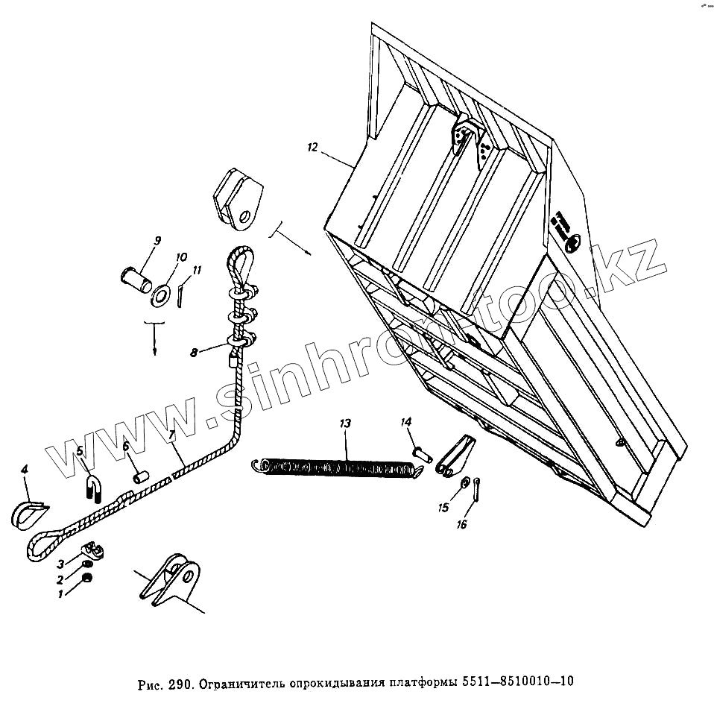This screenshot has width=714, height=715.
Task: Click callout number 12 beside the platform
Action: click(312, 148)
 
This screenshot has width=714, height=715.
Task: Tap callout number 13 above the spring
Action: click(344, 423)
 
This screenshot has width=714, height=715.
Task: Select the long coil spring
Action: click(335, 467)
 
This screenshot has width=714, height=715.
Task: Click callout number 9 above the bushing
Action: click(157, 240)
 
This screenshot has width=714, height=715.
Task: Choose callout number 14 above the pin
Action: click(406, 423)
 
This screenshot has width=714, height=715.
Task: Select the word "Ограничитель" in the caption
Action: click(241, 682)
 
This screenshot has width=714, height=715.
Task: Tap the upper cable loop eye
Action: click(238, 262)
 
